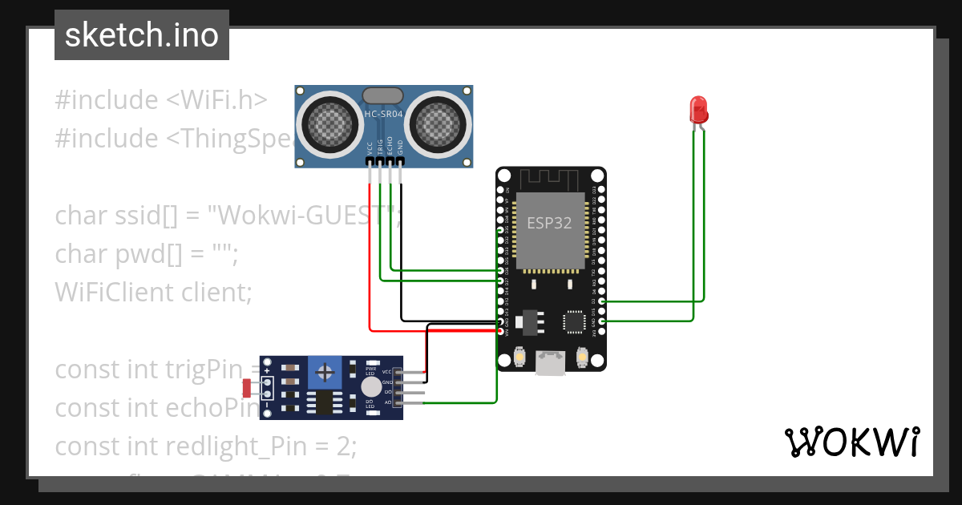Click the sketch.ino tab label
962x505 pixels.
142,35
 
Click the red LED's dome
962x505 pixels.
698,107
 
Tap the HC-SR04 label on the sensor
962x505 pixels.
384,114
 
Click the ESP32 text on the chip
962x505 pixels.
549,223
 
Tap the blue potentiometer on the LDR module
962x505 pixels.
325,372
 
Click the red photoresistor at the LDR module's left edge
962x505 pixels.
249,389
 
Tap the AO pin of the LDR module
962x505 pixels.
388,403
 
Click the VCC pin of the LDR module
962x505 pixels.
388,372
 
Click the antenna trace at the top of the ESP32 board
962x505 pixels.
551,179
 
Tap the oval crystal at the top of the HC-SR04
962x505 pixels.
384,95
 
